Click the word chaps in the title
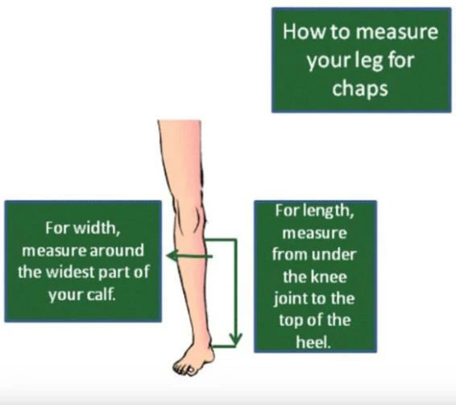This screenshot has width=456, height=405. tap(360, 88)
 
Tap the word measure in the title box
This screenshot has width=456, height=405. tap(397, 32)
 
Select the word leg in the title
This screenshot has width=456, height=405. tap(369, 61)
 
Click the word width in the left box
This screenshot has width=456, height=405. tap(97, 228)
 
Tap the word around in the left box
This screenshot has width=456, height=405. tap(116, 250)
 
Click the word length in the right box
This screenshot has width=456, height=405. tap(329, 211)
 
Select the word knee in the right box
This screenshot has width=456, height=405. tap(329, 277)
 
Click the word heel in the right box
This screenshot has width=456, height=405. tap(313, 341)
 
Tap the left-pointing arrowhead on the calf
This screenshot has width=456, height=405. tap(172, 256)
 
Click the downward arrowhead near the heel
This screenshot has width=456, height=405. tap(235, 340)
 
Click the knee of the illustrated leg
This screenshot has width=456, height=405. tap(190, 215)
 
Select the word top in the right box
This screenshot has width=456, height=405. tap(290, 320)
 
